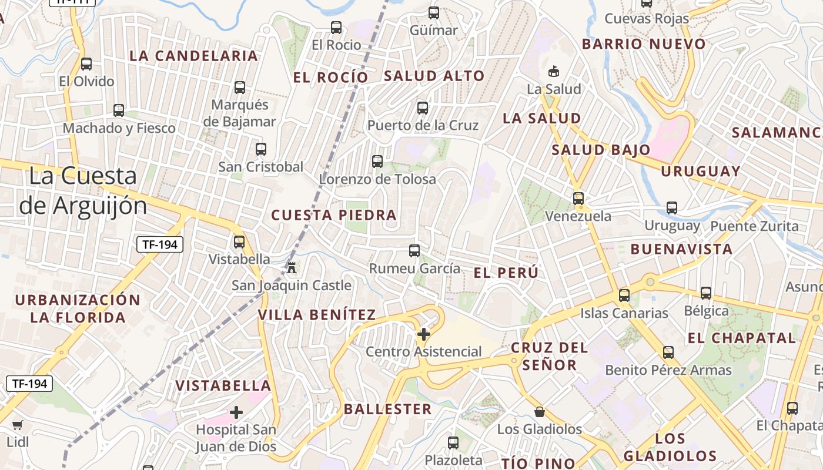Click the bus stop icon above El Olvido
pyautogui.click(x=86, y=64)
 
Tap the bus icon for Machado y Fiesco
pyautogui.click(x=119, y=110)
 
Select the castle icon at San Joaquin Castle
pyautogui.click(x=291, y=267)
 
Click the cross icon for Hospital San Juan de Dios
pyautogui.click(x=236, y=412)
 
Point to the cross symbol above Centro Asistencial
pyautogui.click(x=423, y=334)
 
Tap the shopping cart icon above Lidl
pyautogui.click(x=18, y=425)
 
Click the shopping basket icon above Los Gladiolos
pyautogui.click(x=539, y=411)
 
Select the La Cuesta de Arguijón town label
pyautogui.click(x=83, y=190)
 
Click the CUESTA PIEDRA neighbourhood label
pyautogui.click(x=333, y=215)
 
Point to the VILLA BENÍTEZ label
pyautogui.click(x=317, y=315)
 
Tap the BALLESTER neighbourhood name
pyautogui.click(x=387, y=409)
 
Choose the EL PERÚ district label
pyautogui.click(x=506, y=273)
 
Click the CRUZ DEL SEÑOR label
pyautogui.click(x=549, y=356)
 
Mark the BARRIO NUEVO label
pyautogui.click(x=643, y=44)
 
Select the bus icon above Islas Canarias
pyautogui.click(x=624, y=295)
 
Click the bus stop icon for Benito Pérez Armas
pyautogui.click(x=668, y=352)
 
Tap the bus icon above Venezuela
pyautogui.click(x=578, y=199)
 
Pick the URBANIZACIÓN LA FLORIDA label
pyautogui.click(x=78, y=309)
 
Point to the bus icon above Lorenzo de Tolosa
pyautogui.click(x=377, y=161)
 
